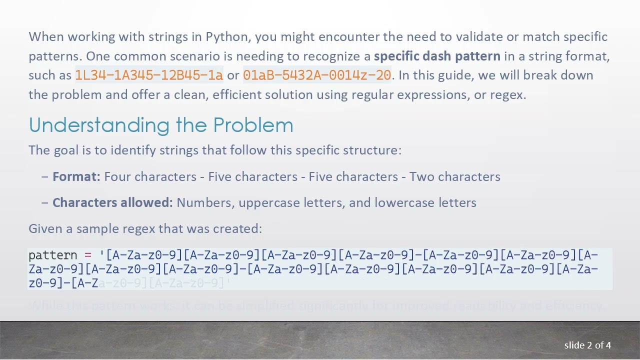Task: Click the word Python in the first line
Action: [226, 37]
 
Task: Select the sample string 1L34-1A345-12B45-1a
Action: [149, 75]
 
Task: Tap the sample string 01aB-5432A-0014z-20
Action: [317, 75]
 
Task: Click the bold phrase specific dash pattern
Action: [437, 56]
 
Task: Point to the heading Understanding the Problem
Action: [161, 125]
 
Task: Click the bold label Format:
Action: [76, 176]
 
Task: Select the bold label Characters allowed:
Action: [112, 202]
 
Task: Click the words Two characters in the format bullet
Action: [454, 176]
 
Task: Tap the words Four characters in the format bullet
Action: [150, 176]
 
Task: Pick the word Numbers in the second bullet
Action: [205, 202]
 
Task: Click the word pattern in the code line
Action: [52, 255]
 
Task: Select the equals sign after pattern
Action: [88, 255]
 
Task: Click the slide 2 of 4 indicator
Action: [587, 345]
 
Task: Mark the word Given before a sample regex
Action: [43, 228]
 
